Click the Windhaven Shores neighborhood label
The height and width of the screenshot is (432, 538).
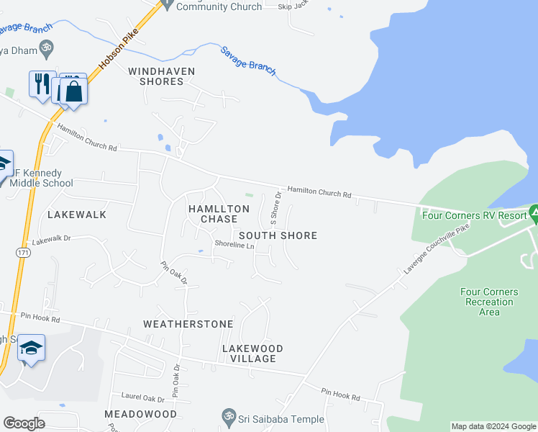[x=156, y=76]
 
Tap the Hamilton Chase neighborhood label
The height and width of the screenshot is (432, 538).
[x=218, y=213]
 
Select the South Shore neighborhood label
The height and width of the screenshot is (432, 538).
[x=278, y=235]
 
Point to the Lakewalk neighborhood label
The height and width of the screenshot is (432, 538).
[x=76, y=215]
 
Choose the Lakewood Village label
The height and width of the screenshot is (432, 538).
[x=252, y=354]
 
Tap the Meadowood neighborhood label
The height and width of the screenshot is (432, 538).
[x=141, y=414]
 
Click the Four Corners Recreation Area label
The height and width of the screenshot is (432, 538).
[x=488, y=302]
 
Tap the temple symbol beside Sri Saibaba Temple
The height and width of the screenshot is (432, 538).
[x=229, y=417]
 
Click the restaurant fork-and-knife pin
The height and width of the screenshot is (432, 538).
[x=41, y=84]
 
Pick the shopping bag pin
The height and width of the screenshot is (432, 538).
[x=73, y=91]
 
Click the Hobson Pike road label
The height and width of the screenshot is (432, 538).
[x=118, y=50]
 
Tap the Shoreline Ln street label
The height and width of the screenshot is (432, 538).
[x=234, y=245]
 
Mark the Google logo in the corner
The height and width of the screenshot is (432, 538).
[x=24, y=423]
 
